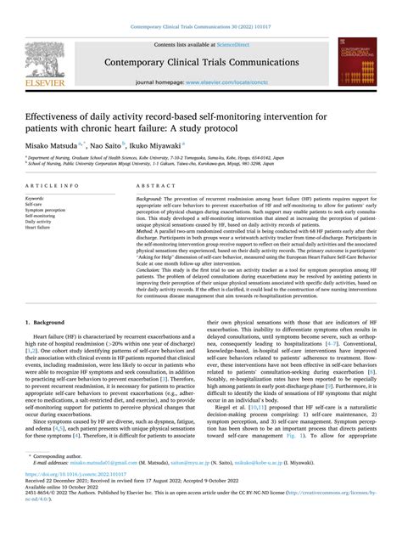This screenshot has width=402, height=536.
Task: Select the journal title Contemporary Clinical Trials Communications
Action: click(200, 62)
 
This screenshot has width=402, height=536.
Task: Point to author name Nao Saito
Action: click(109, 144)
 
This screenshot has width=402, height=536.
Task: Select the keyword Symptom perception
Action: click(45, 210)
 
